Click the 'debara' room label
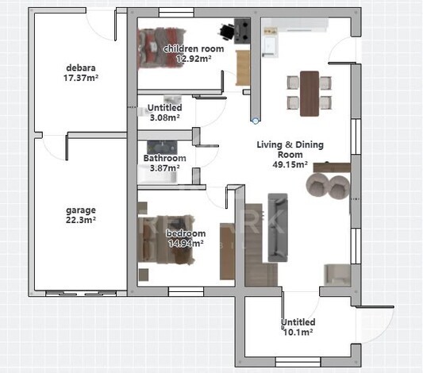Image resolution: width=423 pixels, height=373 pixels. click(x=81, y=67)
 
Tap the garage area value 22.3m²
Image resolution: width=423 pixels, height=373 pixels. click(x=81, y=220)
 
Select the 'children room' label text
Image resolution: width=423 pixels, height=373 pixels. click(x=194, y=49)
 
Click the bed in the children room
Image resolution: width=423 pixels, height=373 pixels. click(x=161, y=48)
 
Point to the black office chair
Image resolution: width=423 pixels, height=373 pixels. click(x=226, y=32)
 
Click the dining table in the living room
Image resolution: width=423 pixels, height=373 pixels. click(x=310, y=94)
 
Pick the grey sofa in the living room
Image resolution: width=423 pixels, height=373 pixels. click(x=278, y=227)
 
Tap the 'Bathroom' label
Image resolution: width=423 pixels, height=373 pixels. click(x=164, y=158)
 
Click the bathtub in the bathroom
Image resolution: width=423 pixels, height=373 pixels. click(x=158, y=174)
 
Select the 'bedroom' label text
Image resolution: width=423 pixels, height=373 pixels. click(x=186, y=233)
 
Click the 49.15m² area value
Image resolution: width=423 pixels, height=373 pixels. click(x=290, y=164)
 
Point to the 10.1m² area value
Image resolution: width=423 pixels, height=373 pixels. click(x=298, y=332)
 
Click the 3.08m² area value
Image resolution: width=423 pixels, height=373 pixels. click(x=164, y=117)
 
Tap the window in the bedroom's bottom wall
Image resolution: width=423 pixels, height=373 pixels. click(x=186, y=291)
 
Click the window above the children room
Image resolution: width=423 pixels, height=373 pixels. click(x=176, y=13)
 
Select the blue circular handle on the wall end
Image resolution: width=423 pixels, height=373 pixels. click(x=256, y=121)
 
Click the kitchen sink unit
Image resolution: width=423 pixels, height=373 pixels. click(x=271, y=46)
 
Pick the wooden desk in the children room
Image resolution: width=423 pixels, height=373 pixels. click(x=243, y=67)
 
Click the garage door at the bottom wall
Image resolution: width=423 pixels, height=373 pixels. click(x=81, y=294)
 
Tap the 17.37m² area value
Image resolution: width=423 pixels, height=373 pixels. click(x=81, y=78)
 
